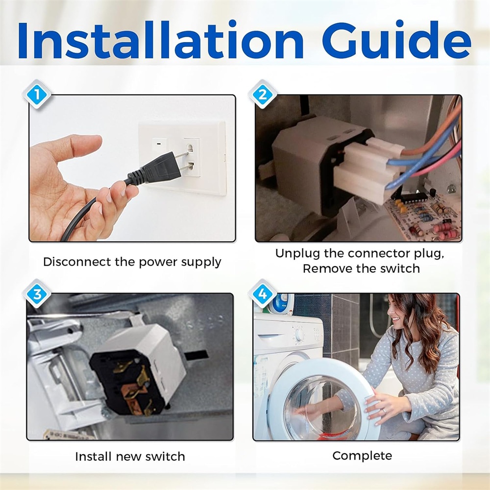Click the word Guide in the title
pyautogui.click(x=396, y=40)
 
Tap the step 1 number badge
pyautogui.click(x=37, y=95)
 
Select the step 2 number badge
pyautogui.click(x=263, y=95)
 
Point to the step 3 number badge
pyautogui.click(x=37, y=294)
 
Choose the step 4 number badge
pyautogui.click(x=263, y=294)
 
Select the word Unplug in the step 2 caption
pyautogui.click(x=297, y=253)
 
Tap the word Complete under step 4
pyautogui.click(x=362, y=456)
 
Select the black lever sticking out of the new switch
pyautogui.click(x=196, y=355)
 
